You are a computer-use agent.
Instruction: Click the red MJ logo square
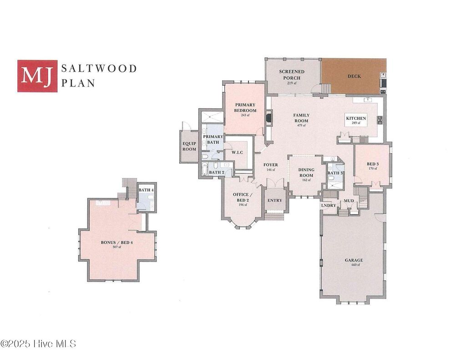37,76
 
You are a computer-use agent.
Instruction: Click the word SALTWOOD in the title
99,69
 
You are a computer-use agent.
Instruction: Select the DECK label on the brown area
354,76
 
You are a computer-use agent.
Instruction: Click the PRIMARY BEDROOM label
245,107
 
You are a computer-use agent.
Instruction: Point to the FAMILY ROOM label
301,118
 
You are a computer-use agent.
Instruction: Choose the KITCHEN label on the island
356,118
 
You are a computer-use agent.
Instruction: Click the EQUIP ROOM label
189,146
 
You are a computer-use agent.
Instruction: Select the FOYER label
270,165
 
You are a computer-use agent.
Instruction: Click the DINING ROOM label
306,172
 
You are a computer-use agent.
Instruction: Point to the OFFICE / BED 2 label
241,197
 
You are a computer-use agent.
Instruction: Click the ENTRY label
274,200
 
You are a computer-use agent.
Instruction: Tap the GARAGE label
354,260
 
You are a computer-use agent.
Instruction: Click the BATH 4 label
145,190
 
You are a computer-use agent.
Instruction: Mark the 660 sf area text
354,265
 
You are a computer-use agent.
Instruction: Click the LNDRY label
329,205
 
